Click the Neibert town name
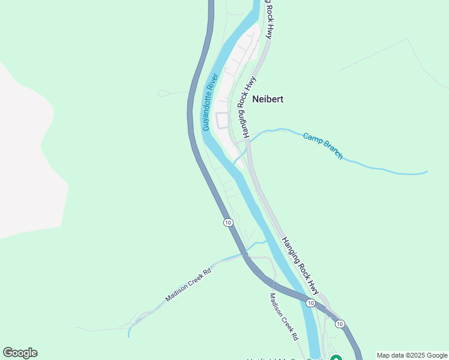coord(268,99)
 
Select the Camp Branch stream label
coord(323,146)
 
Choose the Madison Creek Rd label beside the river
coord(283,317)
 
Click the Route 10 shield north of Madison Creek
coord(228,223)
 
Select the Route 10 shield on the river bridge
coord(310,303)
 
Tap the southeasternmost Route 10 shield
coord(340,324)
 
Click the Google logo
coord(20,353)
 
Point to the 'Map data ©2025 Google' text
coord(412,355)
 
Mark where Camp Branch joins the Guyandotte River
coord(234,163)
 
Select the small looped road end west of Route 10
coord(164,94)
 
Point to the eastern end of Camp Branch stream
coord(427,172)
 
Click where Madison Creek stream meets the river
coord(266,241)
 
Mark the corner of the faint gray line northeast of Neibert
coord(408,39)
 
